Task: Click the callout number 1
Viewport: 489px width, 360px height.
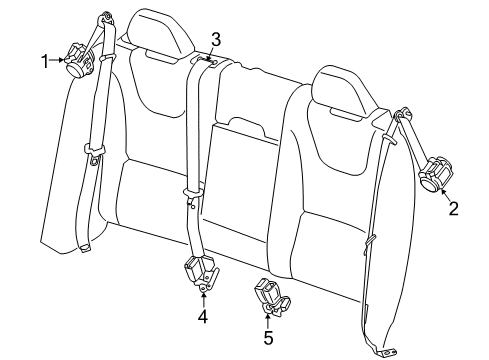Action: (x=44, y=63)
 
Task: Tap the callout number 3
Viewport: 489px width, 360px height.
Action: (x=214, y=40)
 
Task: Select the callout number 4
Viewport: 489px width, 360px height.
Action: (x=203, y=317)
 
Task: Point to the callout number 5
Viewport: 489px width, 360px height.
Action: (x=268, y=337)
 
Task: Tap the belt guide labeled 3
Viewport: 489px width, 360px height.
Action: (x=207, y=63)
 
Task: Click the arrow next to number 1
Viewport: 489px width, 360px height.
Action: (x=57, y=63)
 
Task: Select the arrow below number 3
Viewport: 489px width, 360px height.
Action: (x=212, y=54)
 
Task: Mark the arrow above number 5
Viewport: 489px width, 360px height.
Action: (x=268, y=320)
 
